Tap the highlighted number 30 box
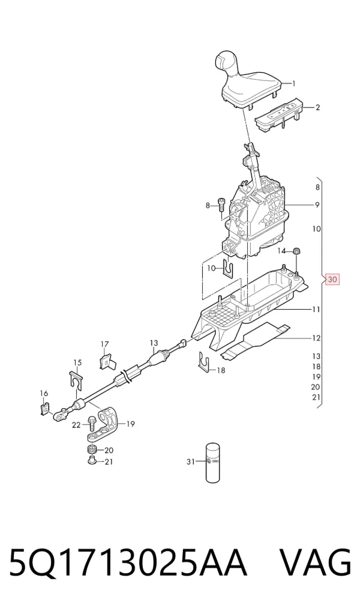point(332,280)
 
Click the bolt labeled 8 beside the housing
point(221,207)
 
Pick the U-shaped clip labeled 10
point(230,268)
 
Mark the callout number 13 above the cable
point(154,343)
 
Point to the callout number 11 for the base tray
point(316,310)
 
